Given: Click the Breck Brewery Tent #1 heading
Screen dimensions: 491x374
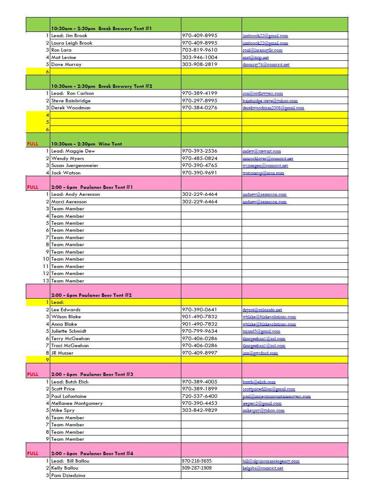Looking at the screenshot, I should click(x=101, y=28).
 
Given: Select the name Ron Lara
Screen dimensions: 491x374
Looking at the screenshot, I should click(x=61, y=50).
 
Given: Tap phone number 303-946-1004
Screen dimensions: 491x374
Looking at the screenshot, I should click(x=199, y=57).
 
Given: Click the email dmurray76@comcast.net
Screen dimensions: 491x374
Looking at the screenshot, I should click(x=266, y=65).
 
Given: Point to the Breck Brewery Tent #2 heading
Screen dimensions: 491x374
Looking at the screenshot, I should click(x=101, y=86).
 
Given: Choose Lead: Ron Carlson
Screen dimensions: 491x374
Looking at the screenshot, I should click(x=72, y=93).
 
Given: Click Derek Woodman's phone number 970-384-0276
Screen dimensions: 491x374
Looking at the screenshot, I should click(x=199, y=108).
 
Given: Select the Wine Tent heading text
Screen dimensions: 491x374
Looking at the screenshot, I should click(x=86, y=144).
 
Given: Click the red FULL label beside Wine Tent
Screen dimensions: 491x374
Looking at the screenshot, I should click(x=33, y=144).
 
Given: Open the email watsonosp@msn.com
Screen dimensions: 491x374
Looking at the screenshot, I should click(x=263, y=173).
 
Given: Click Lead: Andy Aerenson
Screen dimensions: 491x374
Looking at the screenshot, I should click(x=75, y=194).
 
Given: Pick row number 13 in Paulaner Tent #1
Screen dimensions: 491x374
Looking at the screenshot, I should click(x=46, y=281).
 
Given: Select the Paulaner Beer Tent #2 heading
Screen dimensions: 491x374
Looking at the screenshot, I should click(x=91, y=295).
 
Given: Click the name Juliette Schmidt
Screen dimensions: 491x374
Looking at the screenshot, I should click(x=69, y=331).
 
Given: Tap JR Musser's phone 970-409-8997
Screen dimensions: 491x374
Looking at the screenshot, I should click(x=199, y=353).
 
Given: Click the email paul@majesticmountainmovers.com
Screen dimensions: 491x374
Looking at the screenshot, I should click(x=277, y=397).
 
